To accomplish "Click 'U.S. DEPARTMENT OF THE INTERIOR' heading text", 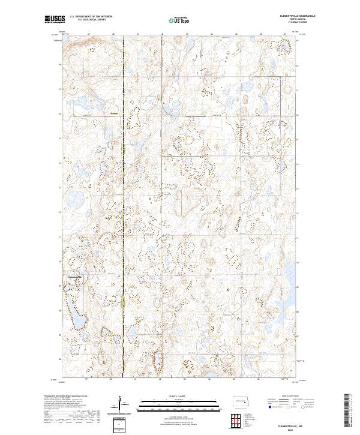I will coord(91,16).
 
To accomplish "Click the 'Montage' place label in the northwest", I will coord(115,113).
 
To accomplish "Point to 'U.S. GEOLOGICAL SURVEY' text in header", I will coord(88,19).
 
